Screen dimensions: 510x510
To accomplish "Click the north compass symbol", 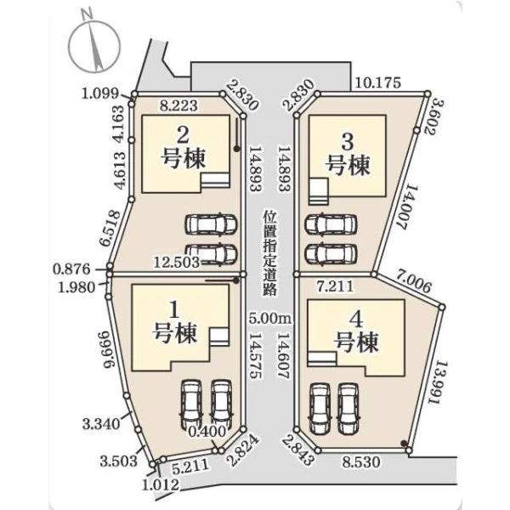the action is pyautogui.click(x=95, y=46).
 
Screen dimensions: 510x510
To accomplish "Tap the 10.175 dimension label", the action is pyautogui.click(x=377, y=83).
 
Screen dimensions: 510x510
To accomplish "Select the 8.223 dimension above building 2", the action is pyautogui.click(x=178, y=105).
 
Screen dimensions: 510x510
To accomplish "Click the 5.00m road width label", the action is pyautogui.click(x=270, y=318).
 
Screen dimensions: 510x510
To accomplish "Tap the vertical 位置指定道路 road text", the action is pyautogui.click(x=270, y=253).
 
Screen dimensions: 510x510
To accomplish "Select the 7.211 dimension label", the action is pyautogui.click(x=335, y=286).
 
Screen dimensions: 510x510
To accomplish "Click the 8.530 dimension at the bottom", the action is pyautogui.click(x=361, y=462).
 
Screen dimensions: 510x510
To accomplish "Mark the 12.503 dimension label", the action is pyautogui.click(x=176, y=262).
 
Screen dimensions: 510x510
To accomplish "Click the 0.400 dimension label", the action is pyautogui.click(x=207, y=432).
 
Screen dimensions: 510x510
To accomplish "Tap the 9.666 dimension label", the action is pyautogui.click(x=110, y=349).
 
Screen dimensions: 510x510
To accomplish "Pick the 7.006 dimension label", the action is pyautogui.click(x=413, y=282).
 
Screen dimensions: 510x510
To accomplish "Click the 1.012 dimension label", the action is pyautogui.click(x=161, y=484).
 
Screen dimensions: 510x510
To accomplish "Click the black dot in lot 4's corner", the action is pyautogui.click(x=404, y=443).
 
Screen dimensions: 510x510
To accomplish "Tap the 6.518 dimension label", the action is pyautogui.click(x=109, y=229).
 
